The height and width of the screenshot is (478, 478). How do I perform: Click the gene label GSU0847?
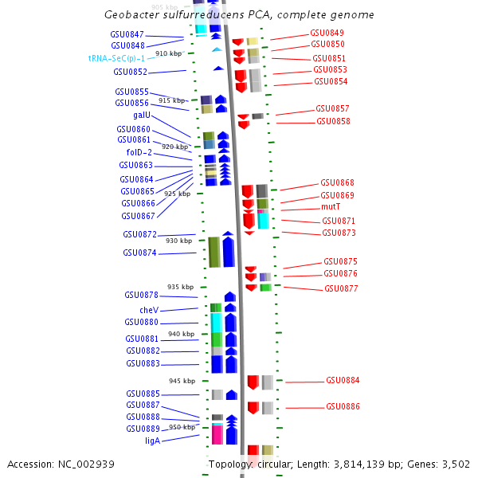(x=127, y=34)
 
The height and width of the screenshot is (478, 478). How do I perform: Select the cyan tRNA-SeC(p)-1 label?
(x=116, y=58)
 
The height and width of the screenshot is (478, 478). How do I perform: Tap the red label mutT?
(x=331, y=206)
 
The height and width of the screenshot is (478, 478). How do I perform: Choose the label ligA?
(x=152, y=441)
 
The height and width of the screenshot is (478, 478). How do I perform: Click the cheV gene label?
(x=149, y=310)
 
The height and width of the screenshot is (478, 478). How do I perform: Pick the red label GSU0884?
(x=343, y=380)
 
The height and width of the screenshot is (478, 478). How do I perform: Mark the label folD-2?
(x=139, y=152)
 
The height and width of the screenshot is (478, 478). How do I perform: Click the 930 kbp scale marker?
(x=178, y=241)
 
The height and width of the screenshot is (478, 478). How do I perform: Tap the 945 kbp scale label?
(x=182, y=381)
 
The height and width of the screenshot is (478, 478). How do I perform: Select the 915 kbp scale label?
(x=171, y=100)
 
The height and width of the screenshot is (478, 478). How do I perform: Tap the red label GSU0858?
(x=333, y=121)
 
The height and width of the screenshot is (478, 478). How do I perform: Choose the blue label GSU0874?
(x=139, y=253)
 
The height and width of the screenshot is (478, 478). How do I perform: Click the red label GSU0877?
(x=341, y=288)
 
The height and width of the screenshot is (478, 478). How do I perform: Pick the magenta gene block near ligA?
(x=217, y=435)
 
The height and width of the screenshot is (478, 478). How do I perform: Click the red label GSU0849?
(x=327, y=33)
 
